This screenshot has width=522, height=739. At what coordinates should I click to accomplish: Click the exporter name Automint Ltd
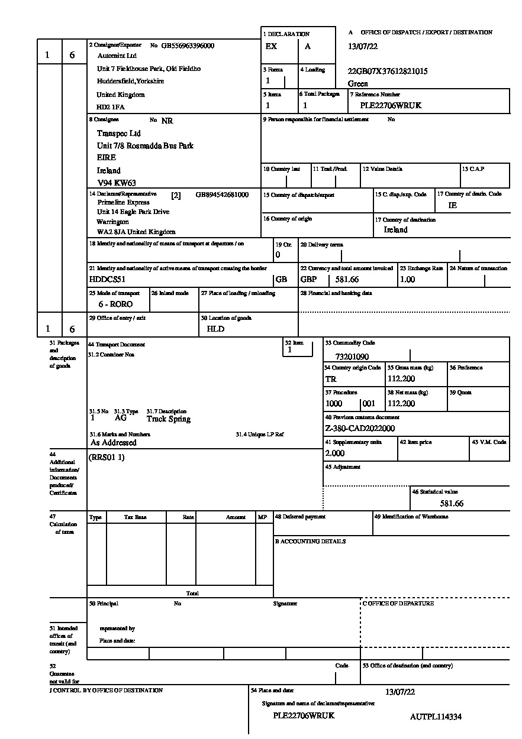[x=117, y=56]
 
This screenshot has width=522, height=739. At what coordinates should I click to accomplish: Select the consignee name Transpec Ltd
[x=119, y=134]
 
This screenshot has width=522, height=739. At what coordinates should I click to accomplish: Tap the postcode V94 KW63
[x=117, y=183]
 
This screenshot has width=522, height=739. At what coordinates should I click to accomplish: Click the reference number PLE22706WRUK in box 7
[x=391, y=106]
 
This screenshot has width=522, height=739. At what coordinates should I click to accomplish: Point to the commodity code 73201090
[x=352, y=357]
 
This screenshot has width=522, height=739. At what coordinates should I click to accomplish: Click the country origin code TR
[x=331, y=380]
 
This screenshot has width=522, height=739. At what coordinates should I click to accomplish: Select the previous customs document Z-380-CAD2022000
[x=360, y=429]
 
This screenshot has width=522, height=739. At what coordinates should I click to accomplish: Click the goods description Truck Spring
[x=169, y=419]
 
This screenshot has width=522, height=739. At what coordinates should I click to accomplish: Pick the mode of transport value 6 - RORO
[x=115, y=304]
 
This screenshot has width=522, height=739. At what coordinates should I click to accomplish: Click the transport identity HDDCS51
[x=107, y=280]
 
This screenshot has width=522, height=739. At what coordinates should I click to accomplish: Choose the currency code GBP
[x=309, y=280]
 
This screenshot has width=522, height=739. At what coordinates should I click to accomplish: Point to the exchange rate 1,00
[x=408, y=280]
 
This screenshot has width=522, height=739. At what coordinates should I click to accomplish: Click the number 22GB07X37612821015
[x=388, y=72]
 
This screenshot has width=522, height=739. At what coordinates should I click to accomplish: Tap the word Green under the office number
[x=358, y=84]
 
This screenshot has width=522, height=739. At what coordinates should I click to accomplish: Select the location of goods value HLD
[x=215, y=329]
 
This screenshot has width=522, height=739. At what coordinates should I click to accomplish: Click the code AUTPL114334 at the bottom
[x=436, y=717]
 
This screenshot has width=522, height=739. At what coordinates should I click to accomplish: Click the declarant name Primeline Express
[x=124, y=202]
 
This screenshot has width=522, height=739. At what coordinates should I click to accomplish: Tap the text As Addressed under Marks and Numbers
[x=114, y=442]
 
